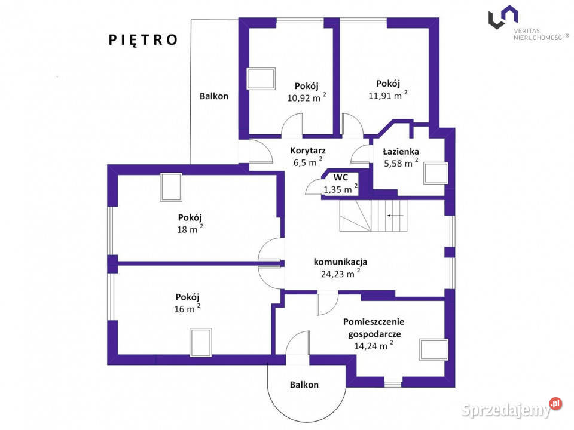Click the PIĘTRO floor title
coord(143,40)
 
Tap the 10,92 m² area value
coord(306,97)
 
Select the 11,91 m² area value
coord(387,96)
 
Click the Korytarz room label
coord(308,150)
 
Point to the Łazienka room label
coord(401,151)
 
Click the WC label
coord(340,178)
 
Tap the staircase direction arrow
coord(395,216)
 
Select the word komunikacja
coord(340,262)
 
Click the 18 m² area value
coord(190,229)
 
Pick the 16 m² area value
coord(187,309)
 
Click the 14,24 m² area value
coord(374,346)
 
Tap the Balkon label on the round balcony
coord(304,385)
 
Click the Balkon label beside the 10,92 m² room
coord(214,96)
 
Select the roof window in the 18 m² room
coord(171,187)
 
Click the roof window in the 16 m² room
coord(201,343)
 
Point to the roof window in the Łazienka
coord(436,173)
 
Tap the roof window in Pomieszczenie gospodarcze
coord(434,350)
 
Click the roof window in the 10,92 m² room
coord(261,79)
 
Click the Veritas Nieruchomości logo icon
coord(503,17)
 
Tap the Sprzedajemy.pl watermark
coord(511,409)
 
